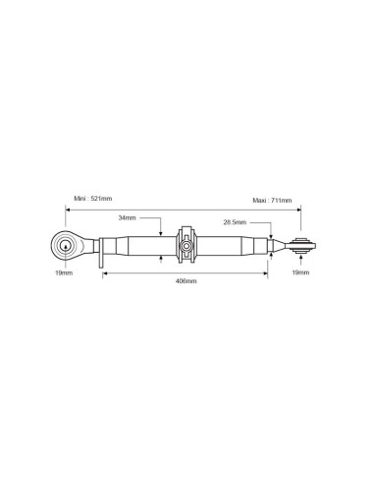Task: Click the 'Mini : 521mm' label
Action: point(93,199)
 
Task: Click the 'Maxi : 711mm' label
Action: point(272,200)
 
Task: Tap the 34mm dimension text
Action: point(127,217)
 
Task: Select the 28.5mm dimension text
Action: point(235,222)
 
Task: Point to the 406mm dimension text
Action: point(187,281)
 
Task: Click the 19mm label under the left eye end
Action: point(64,272)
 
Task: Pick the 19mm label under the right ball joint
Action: point(300,272)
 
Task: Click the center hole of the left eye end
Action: point(66,246)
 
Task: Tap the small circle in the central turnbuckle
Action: point(187,246)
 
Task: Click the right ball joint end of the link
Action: point(303,246)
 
